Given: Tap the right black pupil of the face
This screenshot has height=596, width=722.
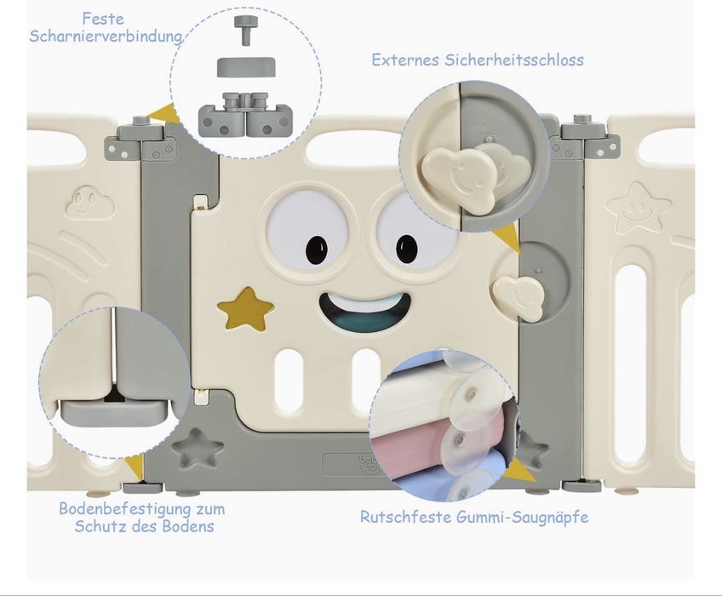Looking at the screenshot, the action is [x=407, y=249].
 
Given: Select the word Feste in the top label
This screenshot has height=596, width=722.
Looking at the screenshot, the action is [x=103, y=19].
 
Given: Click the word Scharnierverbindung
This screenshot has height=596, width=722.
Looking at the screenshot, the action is [x=106, y=37].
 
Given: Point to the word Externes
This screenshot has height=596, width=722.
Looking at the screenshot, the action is [x=405, y=60].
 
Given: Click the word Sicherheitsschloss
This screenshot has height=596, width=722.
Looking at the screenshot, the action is [x=514, y=60].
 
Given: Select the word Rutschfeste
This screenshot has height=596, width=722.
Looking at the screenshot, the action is [x=405, y=517].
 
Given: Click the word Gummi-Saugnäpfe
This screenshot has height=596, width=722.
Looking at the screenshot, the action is [x=523, y=517].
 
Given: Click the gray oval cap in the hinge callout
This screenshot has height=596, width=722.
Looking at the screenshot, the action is [x=246, y=67].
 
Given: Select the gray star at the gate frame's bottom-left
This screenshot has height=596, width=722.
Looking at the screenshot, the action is [x=197, y=448].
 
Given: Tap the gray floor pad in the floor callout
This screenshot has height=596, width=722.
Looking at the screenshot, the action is [x=113, y=410].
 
